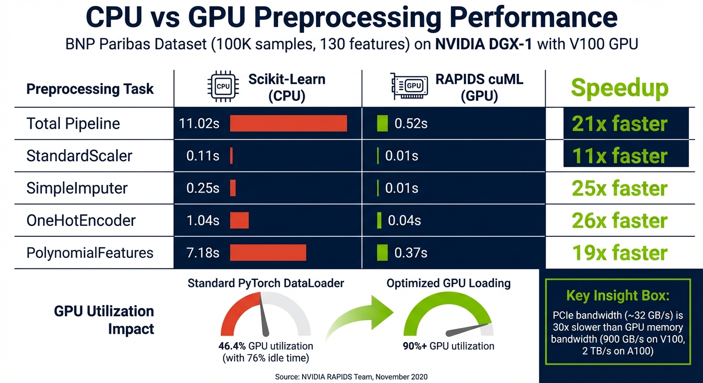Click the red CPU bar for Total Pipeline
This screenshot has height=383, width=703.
pyautogui.click(x=288, y=123)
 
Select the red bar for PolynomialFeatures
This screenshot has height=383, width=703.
pyautogui.click(x=268, y=252)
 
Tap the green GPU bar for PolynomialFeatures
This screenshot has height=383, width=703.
pyautogui.click(x=382, y=252)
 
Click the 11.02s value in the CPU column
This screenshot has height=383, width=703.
pyautogui.click(x=199, y=124)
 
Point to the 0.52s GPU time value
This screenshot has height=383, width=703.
pyautogui.click(x=411, y=124)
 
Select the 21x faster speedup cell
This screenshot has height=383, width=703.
pyautogui.click(x=626, y=124)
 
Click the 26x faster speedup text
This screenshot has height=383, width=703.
pyautogui.click(x=620, y=220)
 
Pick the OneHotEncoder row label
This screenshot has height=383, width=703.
pyautogui.click(x=81, y=220)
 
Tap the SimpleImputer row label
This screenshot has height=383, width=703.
pyautogui.click(x=77, y=188)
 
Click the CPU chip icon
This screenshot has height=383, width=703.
pyautogui.click(x=223, y=86)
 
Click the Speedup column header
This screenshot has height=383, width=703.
pyautogui.click(x=620, y=88)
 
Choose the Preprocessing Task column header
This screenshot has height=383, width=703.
pyautogui.click(x=90, y=89)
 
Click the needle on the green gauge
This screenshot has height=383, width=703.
pyautogui.click(x=467, y=330)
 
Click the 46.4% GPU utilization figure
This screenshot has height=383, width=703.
pyautogui.click(x=233, y=346)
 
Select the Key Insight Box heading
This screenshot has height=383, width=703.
pyautogui.click(x=617, y=295)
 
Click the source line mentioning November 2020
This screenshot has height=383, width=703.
pyautogui.click(x=351, y=377)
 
